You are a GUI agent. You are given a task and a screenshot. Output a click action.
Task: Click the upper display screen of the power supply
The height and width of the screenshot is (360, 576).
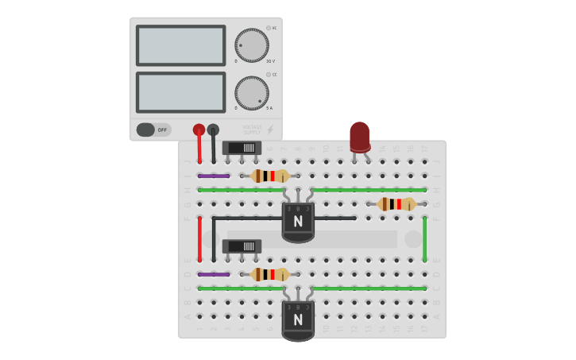[180, 45]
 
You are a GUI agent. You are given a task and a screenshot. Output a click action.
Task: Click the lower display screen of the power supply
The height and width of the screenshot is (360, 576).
[180, 92]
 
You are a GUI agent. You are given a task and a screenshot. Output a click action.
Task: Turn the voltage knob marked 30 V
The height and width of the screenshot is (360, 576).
[252, 45]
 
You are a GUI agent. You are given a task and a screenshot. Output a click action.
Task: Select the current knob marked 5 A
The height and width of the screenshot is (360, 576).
[252, 93]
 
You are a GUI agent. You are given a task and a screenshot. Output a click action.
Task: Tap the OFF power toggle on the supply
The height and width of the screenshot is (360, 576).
[153, 130]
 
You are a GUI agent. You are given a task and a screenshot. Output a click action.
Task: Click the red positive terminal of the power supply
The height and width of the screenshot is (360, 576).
[199, 130]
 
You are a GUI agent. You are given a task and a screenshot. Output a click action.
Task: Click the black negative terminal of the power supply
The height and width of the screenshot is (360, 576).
[213, 130]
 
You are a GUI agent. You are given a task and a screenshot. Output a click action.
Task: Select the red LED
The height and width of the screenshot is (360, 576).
[360, 136]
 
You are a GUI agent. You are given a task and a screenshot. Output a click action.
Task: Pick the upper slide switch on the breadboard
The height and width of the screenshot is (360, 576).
[242, 148]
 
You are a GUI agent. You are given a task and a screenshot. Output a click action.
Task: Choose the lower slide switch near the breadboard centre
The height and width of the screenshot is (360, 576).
[242, 246]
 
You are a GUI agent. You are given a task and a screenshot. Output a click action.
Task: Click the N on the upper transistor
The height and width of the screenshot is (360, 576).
[298, 221]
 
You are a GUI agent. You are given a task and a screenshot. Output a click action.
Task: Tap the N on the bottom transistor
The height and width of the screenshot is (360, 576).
[298, 319]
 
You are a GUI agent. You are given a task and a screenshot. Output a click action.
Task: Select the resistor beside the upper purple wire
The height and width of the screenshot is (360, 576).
[270, 176]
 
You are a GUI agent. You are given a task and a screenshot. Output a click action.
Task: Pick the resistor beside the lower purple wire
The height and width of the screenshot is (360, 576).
[270, 274]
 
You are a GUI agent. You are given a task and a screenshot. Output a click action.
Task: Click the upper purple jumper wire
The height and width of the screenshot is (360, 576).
[214, 176]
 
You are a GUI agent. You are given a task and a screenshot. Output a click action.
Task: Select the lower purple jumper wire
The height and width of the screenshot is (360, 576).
[214, 274]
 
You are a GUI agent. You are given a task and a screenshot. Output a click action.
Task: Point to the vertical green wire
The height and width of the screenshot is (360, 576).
[424, 238]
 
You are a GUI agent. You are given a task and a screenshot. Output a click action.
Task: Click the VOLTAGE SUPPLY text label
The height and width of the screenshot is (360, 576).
[252, 130]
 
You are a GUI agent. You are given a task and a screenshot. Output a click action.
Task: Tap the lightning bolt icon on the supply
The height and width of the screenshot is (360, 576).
[270, 130]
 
